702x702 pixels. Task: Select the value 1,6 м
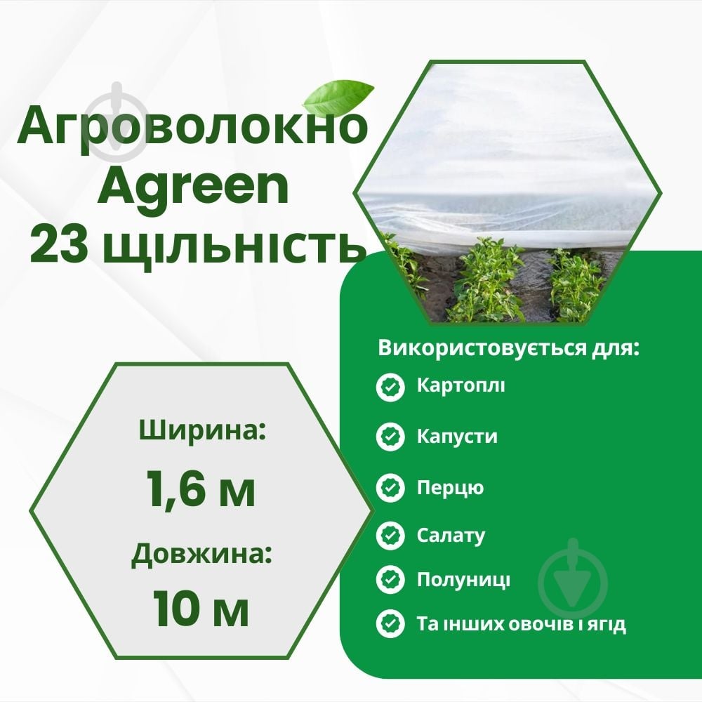[201, 488]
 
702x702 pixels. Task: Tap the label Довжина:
[201, 556]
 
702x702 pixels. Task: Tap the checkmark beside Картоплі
[390, 387]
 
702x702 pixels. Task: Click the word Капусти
[457, 437]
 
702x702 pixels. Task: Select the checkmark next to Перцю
[390, 487]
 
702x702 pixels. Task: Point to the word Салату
[451, 536]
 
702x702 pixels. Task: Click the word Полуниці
[463, 580]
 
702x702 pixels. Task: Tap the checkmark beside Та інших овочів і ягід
[390, 623]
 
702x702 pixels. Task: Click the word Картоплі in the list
[460, 386]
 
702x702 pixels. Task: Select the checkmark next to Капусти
[390, 437]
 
